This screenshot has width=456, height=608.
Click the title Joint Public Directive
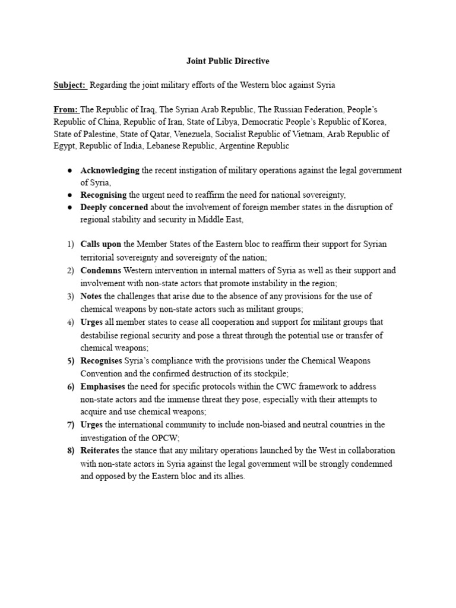click(228, 61)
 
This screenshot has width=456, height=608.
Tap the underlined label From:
click(66, 109)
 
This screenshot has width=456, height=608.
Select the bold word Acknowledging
click(110, 170)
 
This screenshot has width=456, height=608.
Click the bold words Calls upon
click(101, 244)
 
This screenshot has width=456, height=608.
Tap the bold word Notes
click(91, 296)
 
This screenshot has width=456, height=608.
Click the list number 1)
click(71, 244)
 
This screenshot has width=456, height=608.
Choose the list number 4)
click(71, 322)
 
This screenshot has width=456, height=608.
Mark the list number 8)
click(71, 450)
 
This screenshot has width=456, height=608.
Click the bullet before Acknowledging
click(70, 171)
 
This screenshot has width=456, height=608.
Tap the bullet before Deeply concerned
click(70, 208)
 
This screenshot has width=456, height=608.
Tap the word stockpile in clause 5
click(270, 373)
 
